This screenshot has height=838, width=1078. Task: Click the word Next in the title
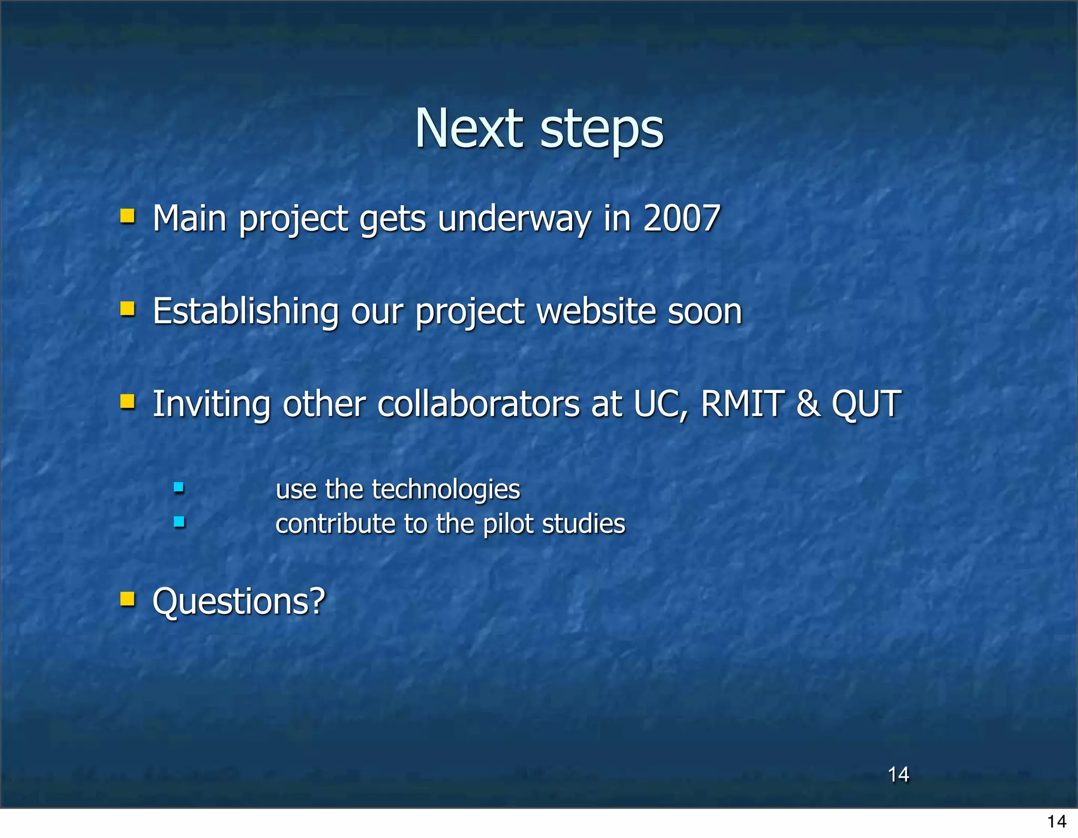pyautogui.click(x=468, y=128)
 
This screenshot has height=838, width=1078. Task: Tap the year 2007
pyautogui.click(x=681, y=218)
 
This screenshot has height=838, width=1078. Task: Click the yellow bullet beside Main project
pyautogui.click(x=127, y=216)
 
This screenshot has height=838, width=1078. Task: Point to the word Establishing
pyautogui.click(x=245, y=311)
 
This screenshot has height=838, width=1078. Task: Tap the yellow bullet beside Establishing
pyautogui.click(x=127, y=309)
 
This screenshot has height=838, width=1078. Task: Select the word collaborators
pyautogui.click(x=478, y=404)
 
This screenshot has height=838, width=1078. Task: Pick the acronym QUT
pyautogui.click(x=866, y=404)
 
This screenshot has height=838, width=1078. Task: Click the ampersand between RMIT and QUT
pyautogui.click(x=808, y=404)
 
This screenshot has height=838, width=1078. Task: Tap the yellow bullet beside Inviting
pyautogui.click(x=127, y=402)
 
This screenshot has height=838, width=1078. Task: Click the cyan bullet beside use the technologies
pyautogui.click(x=179, y=488)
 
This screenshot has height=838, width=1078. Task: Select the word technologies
pyautogui.click(x=445, y=489)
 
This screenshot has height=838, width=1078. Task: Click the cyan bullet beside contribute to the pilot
pyautogui.click(x=179, y=522)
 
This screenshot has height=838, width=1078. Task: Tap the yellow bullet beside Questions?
pyautogui.click(x=127, y=599)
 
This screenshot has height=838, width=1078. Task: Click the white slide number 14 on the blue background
pyautogui.click(x=898, y=774)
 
